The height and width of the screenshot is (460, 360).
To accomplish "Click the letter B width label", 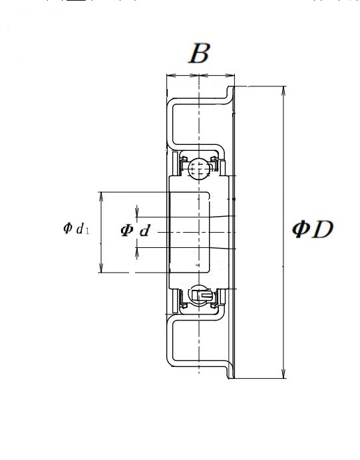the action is (200, 53).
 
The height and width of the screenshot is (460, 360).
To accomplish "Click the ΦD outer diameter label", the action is (313, 229).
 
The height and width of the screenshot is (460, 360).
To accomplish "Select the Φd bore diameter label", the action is (135, 230).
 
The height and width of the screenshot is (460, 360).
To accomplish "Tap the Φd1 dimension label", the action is (76, 228).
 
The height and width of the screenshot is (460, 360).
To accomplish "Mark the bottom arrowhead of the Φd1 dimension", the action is (101, 268).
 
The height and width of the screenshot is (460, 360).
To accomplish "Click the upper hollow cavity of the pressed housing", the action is (200, 124).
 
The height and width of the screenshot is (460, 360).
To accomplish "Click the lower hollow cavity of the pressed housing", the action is (200, 340).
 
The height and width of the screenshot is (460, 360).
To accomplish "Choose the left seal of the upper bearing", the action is (183, 165).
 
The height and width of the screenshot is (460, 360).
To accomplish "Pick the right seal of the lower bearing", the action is (215, 298).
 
